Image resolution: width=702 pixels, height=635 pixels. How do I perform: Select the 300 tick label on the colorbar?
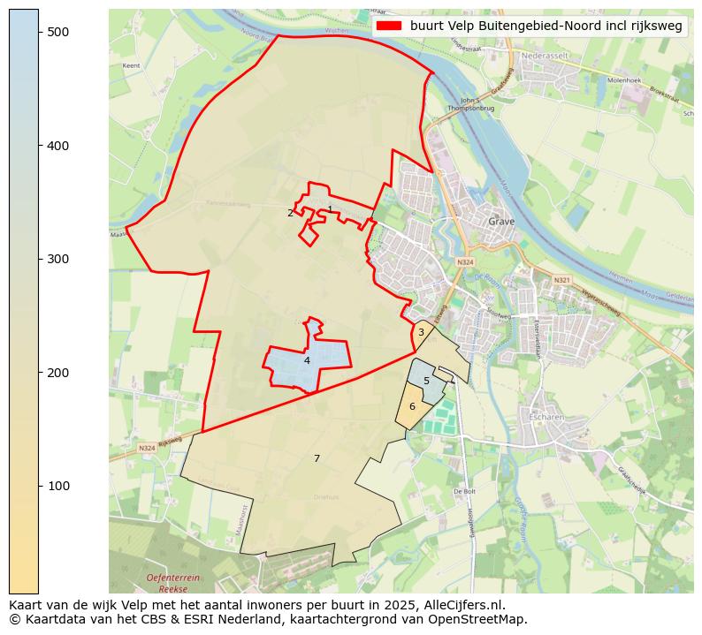coord(57,259)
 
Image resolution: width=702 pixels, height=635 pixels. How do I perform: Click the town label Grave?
coord(501,222)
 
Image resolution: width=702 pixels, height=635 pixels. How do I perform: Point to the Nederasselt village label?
coord(546,55)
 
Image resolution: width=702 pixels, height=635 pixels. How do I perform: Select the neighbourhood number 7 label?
coord(317,458)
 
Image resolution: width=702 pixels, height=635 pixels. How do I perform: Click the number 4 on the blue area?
coord(307,360)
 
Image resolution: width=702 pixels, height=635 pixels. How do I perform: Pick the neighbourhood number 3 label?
coord(421,332)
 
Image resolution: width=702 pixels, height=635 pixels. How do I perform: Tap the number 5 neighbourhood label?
coord(426,381)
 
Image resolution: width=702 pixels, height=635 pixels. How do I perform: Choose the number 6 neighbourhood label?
coord(412,406)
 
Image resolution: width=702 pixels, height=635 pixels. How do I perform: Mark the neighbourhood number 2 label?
coord(290,213)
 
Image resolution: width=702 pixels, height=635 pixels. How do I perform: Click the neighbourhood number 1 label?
coord(330,209)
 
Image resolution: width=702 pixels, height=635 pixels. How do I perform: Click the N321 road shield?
coord(561,280)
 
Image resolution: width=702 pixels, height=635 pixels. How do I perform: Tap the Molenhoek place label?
coord(623,80)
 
